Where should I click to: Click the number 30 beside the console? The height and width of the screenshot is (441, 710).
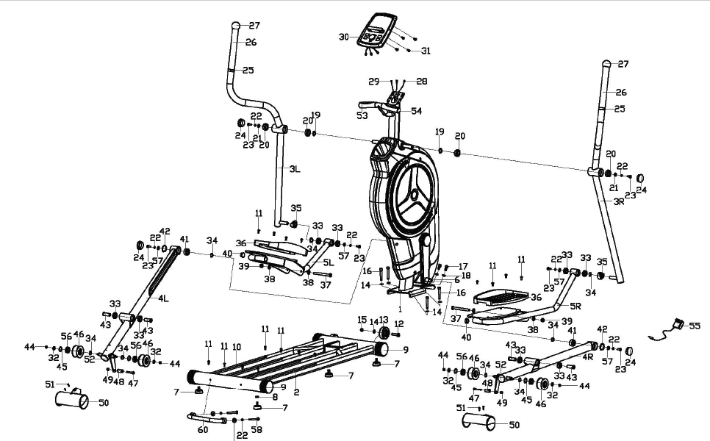(x=343, y=36)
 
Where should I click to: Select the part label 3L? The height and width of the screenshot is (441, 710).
(x=294, y=168)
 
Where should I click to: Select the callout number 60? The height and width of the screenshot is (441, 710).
(x=203, y=430)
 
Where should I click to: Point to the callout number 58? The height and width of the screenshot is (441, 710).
(x=257, y=430)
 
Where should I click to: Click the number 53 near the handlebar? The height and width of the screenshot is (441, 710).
(x=362, y=115)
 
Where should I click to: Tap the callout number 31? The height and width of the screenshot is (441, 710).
(x=425, y=51)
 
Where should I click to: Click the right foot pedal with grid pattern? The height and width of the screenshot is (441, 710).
(x=501, y=297)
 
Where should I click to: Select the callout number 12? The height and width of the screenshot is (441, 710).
(x=400, y=324)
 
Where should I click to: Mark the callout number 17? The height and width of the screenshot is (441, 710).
(x=463, y=266)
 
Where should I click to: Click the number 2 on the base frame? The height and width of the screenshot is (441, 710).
(x=295, y=392)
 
